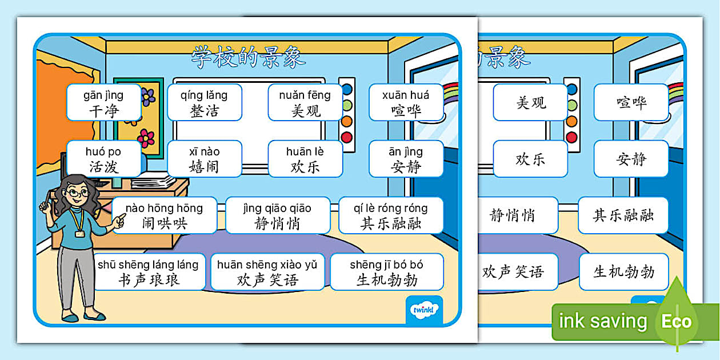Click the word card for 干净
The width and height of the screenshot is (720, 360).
[x=103, y=103]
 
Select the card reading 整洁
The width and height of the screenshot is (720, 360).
[x=204, y=103]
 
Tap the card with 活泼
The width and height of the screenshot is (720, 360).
[x=103, y=159]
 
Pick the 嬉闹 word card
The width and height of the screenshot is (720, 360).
[x=204, y=159]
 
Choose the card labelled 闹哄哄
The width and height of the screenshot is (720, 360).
[x=164, y=215]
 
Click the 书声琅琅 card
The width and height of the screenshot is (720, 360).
[x=149, y=272]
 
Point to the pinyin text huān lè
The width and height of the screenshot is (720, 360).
[x=305, y=151]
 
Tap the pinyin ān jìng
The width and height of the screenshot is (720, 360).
[x=406, y=151]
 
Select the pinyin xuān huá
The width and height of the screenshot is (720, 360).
[x=406, y=95]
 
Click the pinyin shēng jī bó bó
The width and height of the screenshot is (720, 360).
[x=386, y=265]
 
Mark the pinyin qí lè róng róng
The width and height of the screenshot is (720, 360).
[x=390, y=208]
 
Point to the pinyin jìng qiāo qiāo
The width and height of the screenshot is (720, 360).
[x=277, y=208]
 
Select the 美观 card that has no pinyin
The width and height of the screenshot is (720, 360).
[x=531, y=103]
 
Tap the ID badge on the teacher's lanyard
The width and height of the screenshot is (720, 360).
[x=80, y=233]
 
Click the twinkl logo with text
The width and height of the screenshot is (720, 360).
[x=424, y=310]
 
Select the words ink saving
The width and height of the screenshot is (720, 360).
[x=603, y=321]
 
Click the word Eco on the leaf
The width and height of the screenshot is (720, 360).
[x=676, y=321]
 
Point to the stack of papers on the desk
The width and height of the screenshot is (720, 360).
[x=154, y=181]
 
